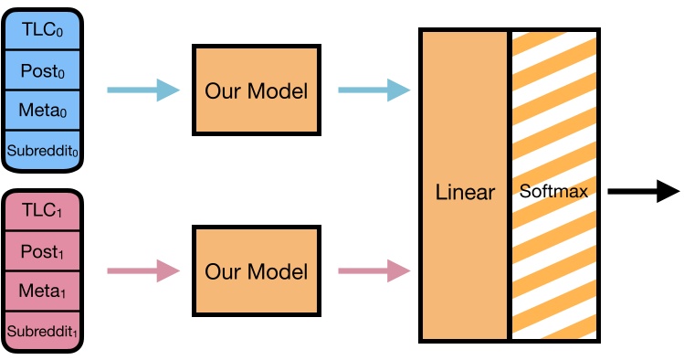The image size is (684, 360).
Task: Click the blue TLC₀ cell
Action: [x=43, y=28]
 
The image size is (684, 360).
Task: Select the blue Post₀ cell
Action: [x=43, y=69]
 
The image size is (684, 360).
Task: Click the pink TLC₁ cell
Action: [x=43, y=209]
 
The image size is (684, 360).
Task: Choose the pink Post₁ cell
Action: [x=43, y=250]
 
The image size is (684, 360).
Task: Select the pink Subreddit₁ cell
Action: [x=43, y=330]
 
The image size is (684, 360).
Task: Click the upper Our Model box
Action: [x=256, y=90]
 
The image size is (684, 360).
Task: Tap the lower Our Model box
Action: [x=256, y=271]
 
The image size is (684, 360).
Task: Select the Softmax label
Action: [x=553, y=193]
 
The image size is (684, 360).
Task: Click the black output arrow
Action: [x=643, y=192]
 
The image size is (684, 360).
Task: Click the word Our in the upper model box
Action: [x=222, y=91]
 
